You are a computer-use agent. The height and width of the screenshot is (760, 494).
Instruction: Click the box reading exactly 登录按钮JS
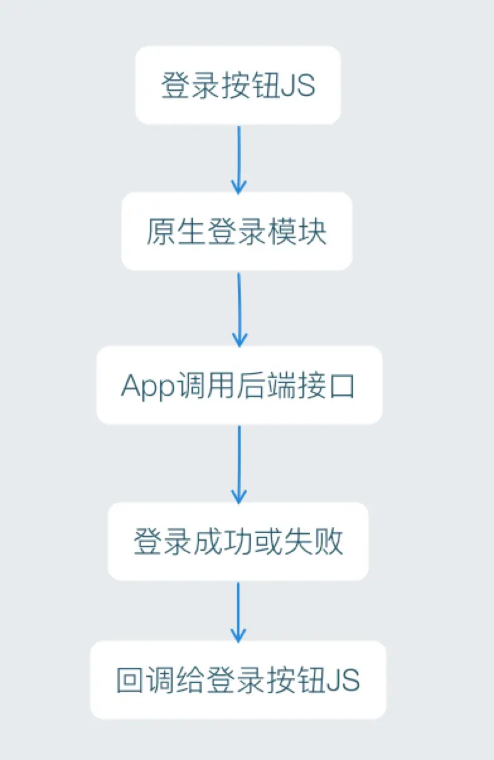238,85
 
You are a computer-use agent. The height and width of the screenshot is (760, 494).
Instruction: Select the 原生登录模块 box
237,231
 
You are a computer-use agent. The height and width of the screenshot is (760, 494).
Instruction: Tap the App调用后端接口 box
239,385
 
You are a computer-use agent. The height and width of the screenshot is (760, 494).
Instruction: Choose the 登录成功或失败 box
238,541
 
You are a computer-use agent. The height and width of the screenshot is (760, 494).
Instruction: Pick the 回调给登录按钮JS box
238,680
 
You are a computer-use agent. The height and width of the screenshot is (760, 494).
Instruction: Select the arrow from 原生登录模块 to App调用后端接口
239,309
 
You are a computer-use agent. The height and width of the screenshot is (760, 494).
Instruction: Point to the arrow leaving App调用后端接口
239,464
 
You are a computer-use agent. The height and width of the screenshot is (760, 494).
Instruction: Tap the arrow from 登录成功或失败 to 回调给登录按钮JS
238,611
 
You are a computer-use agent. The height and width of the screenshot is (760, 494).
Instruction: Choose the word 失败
314,542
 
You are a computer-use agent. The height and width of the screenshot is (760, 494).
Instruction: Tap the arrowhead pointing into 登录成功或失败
239,497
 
